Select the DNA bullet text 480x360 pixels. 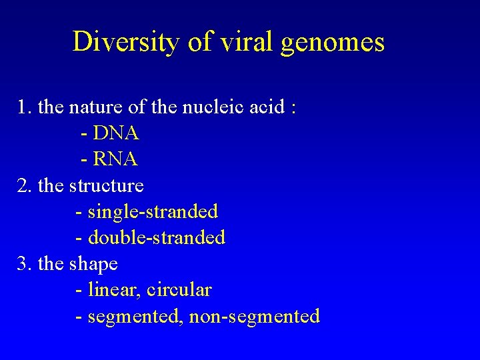click(x=116, y=133)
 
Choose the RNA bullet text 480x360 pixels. click(x=115, y=159)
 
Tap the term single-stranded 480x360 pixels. click(x=153, y=212)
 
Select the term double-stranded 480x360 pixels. click(x=156, y=237)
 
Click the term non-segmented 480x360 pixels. click(x=254, y=316)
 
